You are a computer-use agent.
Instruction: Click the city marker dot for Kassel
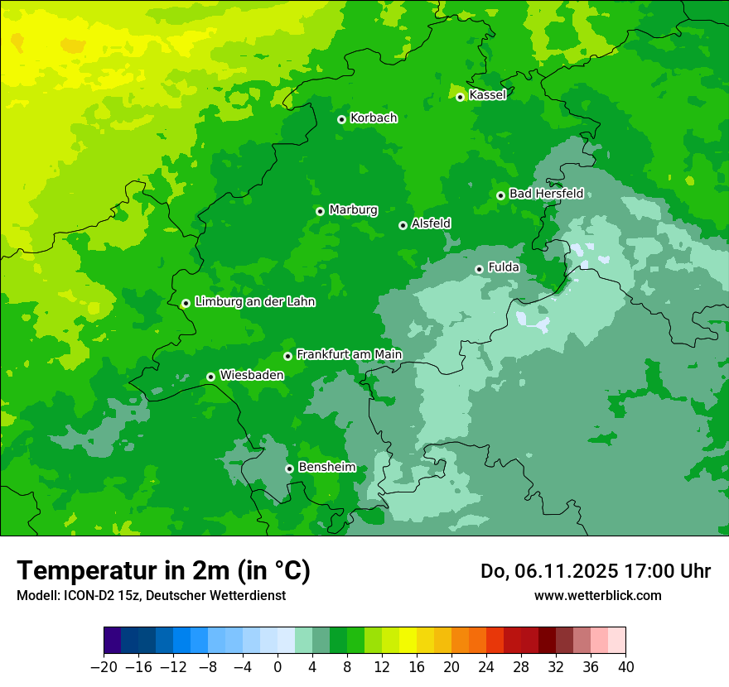[460, 97]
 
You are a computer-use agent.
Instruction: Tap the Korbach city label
[374, 118]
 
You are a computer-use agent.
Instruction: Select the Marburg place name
[353, 210]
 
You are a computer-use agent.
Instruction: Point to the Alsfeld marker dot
[403, 225]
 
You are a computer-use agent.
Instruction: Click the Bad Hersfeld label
[546, 194]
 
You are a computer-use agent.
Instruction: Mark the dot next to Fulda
[479, 269]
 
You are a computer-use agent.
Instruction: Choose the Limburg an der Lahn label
[254, 302]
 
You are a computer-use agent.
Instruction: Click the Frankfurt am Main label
[349, 355]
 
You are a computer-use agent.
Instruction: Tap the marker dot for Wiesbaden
[210, 377]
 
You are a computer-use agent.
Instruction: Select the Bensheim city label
[326, 468]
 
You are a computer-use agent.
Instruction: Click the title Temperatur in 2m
[163, 571]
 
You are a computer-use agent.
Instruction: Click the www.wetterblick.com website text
[597, 595]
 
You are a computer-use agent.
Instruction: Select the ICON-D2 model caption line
[151, 595]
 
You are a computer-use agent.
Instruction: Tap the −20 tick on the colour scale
[104, 667]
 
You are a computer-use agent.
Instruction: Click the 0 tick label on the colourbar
[278, 667]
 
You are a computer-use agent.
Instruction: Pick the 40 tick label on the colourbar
[625, 667]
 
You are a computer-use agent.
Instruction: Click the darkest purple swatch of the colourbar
[113, 641]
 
